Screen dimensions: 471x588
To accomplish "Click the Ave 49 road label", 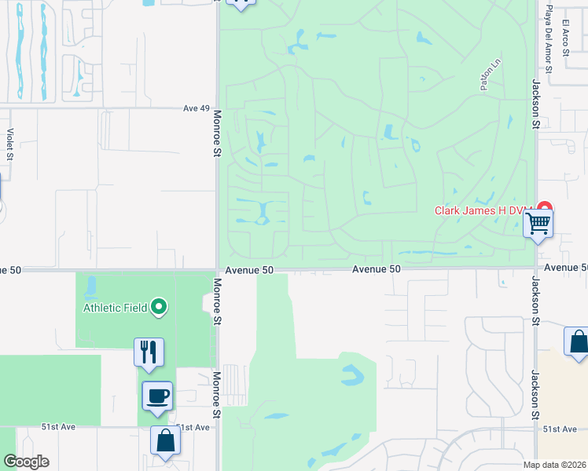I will coord(197,109).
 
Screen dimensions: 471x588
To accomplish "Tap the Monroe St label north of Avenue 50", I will coord(216,133).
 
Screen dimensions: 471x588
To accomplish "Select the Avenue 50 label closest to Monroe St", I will coord(249,270).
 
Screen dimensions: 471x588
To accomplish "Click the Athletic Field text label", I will coord(116,308).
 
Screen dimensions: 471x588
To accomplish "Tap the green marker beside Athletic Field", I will coord(159,307).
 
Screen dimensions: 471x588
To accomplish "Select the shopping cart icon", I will coord(538,224).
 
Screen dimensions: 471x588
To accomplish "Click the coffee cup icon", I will coord(157,396).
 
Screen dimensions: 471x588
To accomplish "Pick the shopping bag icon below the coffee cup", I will coord(166,441).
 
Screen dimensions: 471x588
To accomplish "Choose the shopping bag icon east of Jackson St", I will coord(578,342).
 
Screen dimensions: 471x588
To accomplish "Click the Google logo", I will coord(26,462).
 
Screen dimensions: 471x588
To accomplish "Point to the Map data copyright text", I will coord(554,465).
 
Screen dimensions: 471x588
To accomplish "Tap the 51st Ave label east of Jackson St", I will coord(560,429).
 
